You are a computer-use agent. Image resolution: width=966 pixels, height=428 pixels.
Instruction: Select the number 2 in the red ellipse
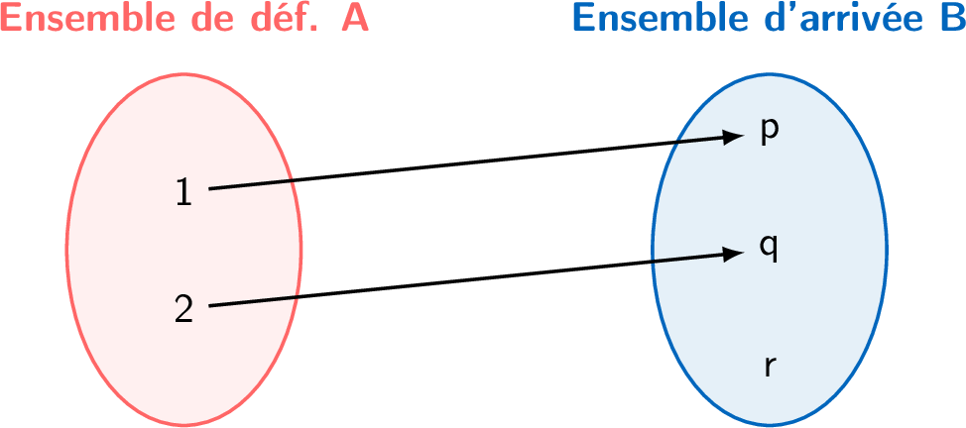(x=183, y=309)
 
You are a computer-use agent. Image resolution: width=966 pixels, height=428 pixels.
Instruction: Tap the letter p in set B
(x=769, y=132)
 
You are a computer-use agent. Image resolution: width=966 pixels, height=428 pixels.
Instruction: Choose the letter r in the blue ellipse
(x=770, y=366)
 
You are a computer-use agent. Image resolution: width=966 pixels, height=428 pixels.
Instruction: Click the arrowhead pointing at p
(x=733, y=137)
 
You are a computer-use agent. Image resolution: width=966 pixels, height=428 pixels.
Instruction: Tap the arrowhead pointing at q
(x=733, y=254)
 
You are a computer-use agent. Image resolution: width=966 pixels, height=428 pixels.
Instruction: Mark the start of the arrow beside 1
(x=210, y=188)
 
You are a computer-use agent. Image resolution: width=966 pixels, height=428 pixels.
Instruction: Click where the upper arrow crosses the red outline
(x=291, y=180)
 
